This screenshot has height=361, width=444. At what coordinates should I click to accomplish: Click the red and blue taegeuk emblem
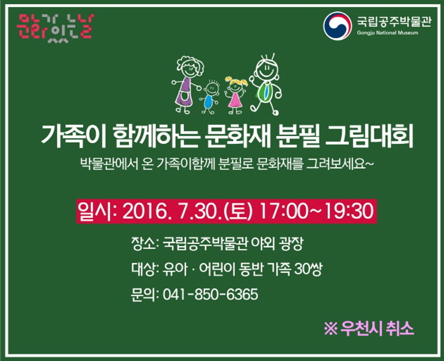tap(336, 26)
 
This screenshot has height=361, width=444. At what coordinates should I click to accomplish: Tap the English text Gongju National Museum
tap(388, 33)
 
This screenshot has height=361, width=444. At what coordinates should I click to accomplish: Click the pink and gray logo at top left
tap(55, 28)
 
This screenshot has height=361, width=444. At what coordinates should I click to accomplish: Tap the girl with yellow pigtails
tap(236, 95)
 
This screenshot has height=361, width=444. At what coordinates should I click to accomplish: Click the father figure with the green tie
tap(265, 84)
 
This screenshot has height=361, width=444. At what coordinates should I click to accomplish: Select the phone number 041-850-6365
tap(210, 294)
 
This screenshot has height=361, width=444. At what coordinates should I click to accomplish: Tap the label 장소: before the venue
tap(144, 244)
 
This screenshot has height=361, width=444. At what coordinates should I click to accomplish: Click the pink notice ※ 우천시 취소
tap(369, 329)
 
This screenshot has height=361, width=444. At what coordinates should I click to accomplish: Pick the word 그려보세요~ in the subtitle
tap(340, 164)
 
